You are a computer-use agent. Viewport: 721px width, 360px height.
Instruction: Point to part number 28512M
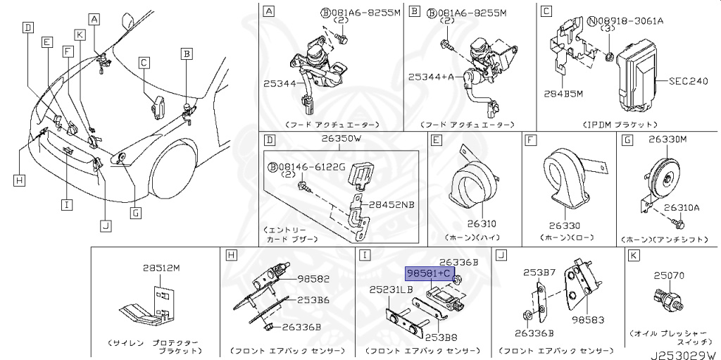[161, 268]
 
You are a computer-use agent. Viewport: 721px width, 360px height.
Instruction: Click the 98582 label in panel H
[313, 278]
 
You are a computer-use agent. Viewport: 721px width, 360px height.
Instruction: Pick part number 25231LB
[391, 290]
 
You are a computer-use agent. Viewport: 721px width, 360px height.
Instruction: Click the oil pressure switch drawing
[667, 297]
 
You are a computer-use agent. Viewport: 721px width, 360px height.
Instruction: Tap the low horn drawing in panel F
[568, 182]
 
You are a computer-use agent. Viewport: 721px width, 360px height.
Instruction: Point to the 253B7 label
[539, 272]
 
